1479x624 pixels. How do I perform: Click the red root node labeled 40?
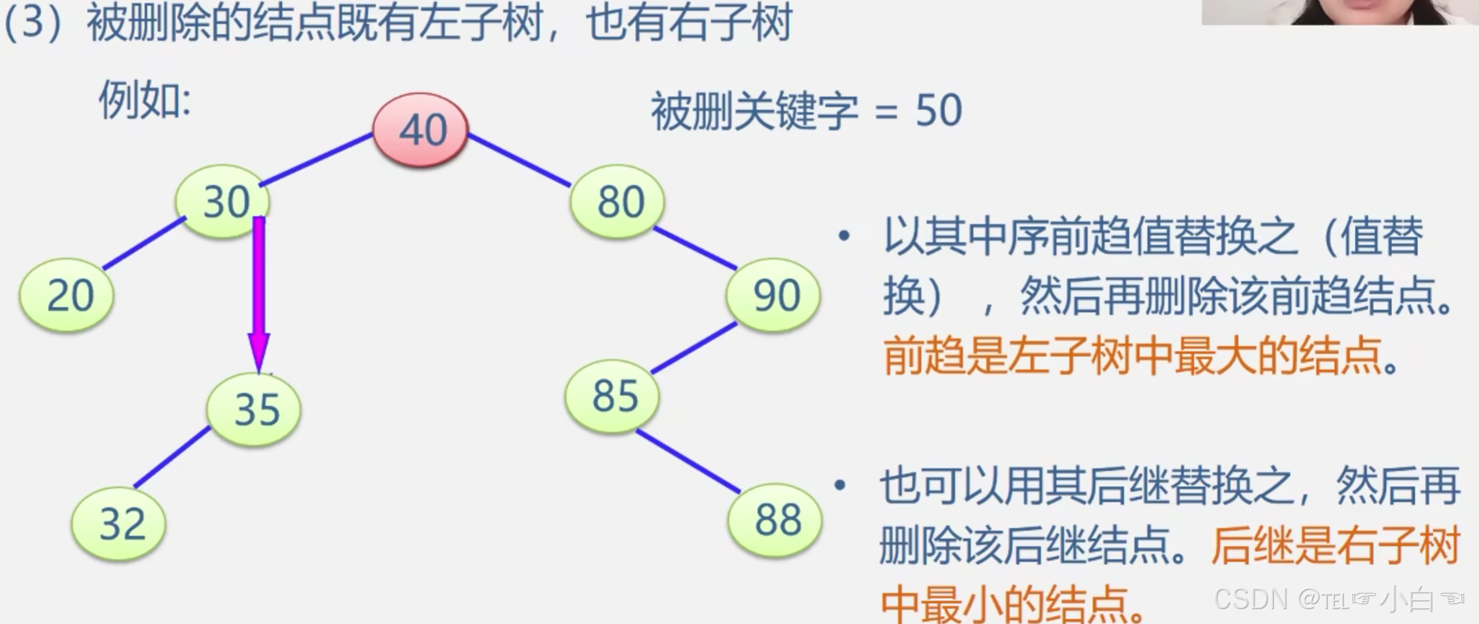click(421, 129)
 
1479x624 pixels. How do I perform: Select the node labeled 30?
click(223, 201)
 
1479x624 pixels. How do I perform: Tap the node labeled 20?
click(67, 295)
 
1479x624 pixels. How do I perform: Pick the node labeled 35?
click(254, 409)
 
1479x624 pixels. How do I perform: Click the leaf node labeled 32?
click(119, 523)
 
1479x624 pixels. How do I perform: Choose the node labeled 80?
click(617, 201)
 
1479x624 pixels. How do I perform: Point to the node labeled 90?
click(773, 295)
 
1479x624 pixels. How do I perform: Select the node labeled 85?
click(612, 395)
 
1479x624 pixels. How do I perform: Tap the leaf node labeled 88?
click(775, 519)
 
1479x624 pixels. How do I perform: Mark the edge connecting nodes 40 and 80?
click(519, 160)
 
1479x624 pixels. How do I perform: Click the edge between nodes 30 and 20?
click(144, 243)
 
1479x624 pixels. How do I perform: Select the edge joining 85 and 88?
click(688, 460)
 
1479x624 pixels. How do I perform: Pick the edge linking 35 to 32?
click(172, 457)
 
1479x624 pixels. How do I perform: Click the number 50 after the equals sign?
click(938, 110)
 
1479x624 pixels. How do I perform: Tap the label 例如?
click(145, 101)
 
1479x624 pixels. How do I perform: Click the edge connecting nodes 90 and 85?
click(693, 348)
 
